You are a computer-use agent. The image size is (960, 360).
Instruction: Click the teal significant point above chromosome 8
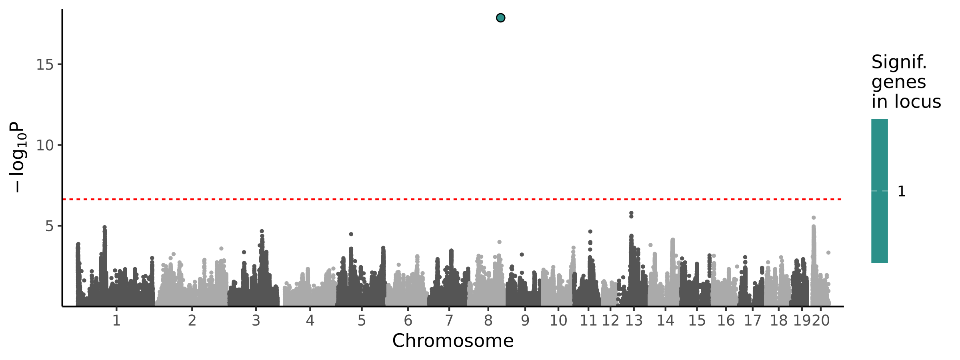click(500, 18)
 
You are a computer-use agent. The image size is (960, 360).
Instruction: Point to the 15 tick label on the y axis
click(45, 64)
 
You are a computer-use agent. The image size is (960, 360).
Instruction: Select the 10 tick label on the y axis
click(45, 145)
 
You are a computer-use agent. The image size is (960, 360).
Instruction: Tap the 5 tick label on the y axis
click(49, 226)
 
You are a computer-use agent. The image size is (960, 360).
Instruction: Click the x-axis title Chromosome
click(453, 341)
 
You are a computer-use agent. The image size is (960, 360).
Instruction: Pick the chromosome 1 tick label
click(116, 320)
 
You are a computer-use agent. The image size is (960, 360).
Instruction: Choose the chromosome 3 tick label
click(256, 320)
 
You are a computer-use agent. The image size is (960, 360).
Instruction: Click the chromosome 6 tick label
click(408, 320)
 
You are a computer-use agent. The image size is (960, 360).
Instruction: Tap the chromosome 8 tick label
click(488, 320)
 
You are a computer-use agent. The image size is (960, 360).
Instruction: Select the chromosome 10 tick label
click(558, 320)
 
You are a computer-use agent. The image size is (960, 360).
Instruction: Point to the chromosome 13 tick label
click(634, 320)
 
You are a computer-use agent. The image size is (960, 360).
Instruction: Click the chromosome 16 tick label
click(726, 320)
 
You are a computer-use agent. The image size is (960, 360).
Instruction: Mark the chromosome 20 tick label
click(821, 320)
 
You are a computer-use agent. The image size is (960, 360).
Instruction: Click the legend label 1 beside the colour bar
click(902, 192)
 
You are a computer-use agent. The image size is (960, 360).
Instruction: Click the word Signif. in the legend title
click(899, 62)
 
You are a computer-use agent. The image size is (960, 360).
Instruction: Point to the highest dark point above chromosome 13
click(631, 213)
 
